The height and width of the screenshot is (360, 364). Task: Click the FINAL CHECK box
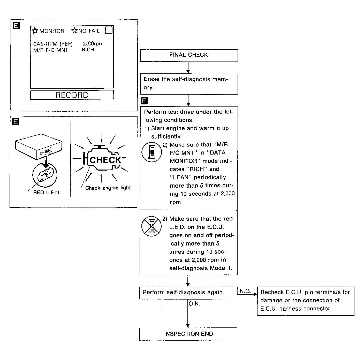tap(189, 55)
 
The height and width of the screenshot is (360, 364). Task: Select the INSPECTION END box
tap(188, 334)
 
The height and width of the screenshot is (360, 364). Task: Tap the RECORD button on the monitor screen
tap(72, 95)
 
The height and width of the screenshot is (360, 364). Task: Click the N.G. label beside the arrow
tap(245, 291)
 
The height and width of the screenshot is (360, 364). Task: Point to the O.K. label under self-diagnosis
tap(194, 304)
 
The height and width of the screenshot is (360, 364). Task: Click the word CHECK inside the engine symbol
tap(105, 160)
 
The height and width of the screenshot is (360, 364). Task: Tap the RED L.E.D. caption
tap(47, 193)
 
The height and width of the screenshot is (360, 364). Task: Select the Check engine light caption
tap(108, 188)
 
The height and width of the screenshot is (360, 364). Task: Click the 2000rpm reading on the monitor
tap(93, 43)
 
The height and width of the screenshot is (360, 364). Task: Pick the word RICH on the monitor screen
tap(88, 50)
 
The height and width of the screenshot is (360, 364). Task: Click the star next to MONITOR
tap(35, 31)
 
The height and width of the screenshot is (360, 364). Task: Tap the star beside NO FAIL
tap(74, 31)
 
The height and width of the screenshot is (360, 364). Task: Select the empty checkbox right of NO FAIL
tap(109, 30)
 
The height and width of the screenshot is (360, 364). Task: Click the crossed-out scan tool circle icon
tap(151, 226)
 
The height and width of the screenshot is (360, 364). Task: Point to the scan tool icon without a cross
tap(152, 152)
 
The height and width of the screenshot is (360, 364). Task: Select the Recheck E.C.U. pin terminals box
tap(306, 301)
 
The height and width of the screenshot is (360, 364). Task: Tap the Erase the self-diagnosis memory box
tap(189, 83)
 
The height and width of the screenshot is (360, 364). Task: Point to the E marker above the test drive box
tap(144, 101)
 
